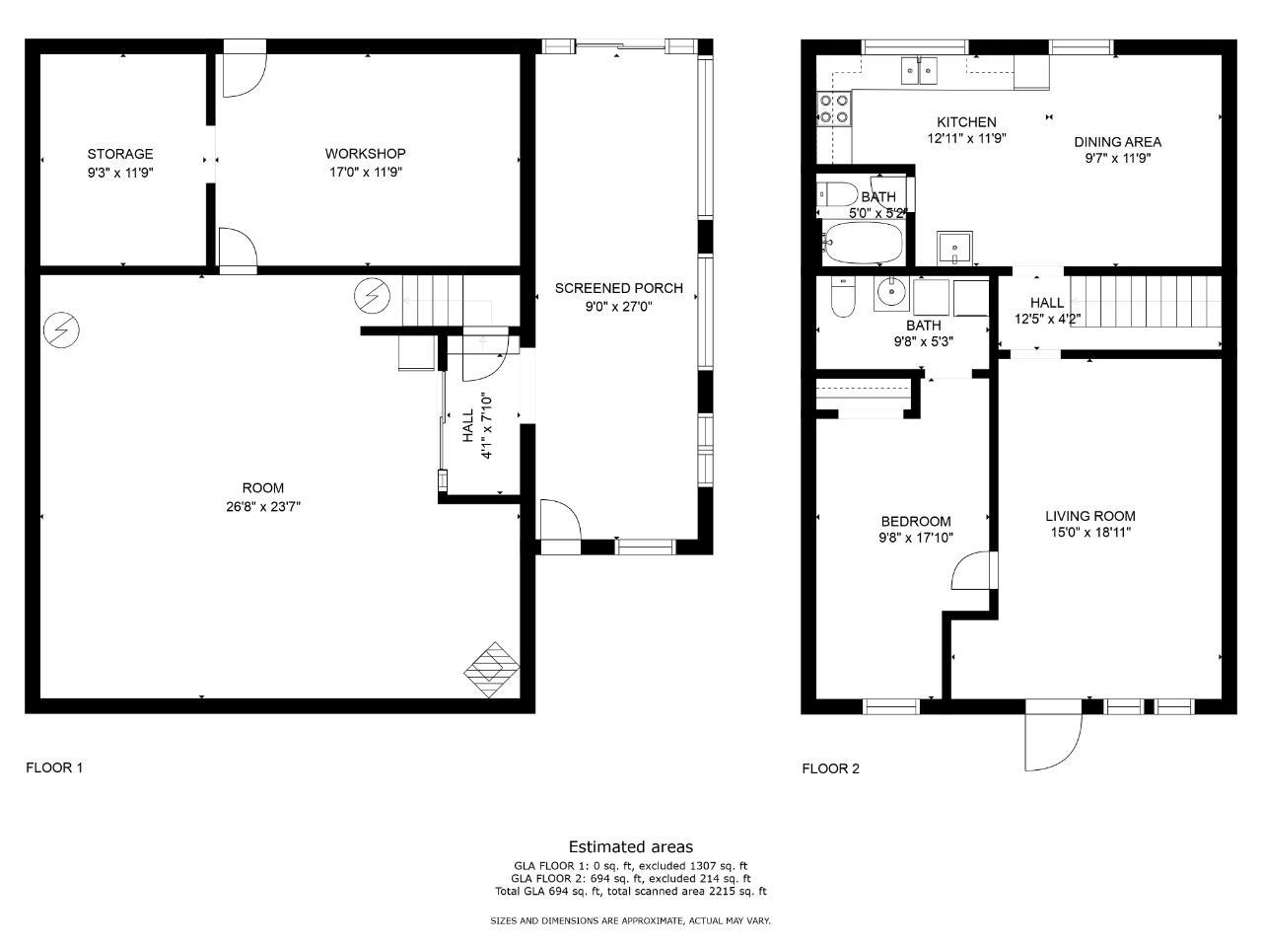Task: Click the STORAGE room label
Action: pyautogui.click(x=120, y=154)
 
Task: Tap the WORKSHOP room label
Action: pyautogui.click(x=365, y=154)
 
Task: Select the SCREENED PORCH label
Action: pyautogui.click(x=618, y=288)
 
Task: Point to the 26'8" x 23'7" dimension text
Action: pyautogui.click(x=263, y=507)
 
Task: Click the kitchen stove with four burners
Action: pyautogui.click(x=834, y=109)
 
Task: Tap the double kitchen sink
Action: pyautogui.click(x=919, y=71)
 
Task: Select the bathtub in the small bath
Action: pyautogui.click(x=863, y=243)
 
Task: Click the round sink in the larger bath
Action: pyautogui.click(x=891, y=293)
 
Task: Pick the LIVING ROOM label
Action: pyautogui.click(x=1090, y=516)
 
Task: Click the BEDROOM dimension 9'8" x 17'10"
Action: pyautogui.click(x=916, y=538)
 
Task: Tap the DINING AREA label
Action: pyautogui.click(x=1118, y=141)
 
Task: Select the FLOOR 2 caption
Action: pyautogui.click(x=830, y=768)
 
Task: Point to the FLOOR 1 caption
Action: pyautogui.click(x=54, y=767)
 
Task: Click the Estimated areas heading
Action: pyautogui.click(x=631, y=847)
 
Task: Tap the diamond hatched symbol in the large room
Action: pyautogui.click(x=492, y=670)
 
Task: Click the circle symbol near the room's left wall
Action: pyautogui.click(x=61, y=330)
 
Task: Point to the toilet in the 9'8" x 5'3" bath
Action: pyautogui.click(x=843, y=296)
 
